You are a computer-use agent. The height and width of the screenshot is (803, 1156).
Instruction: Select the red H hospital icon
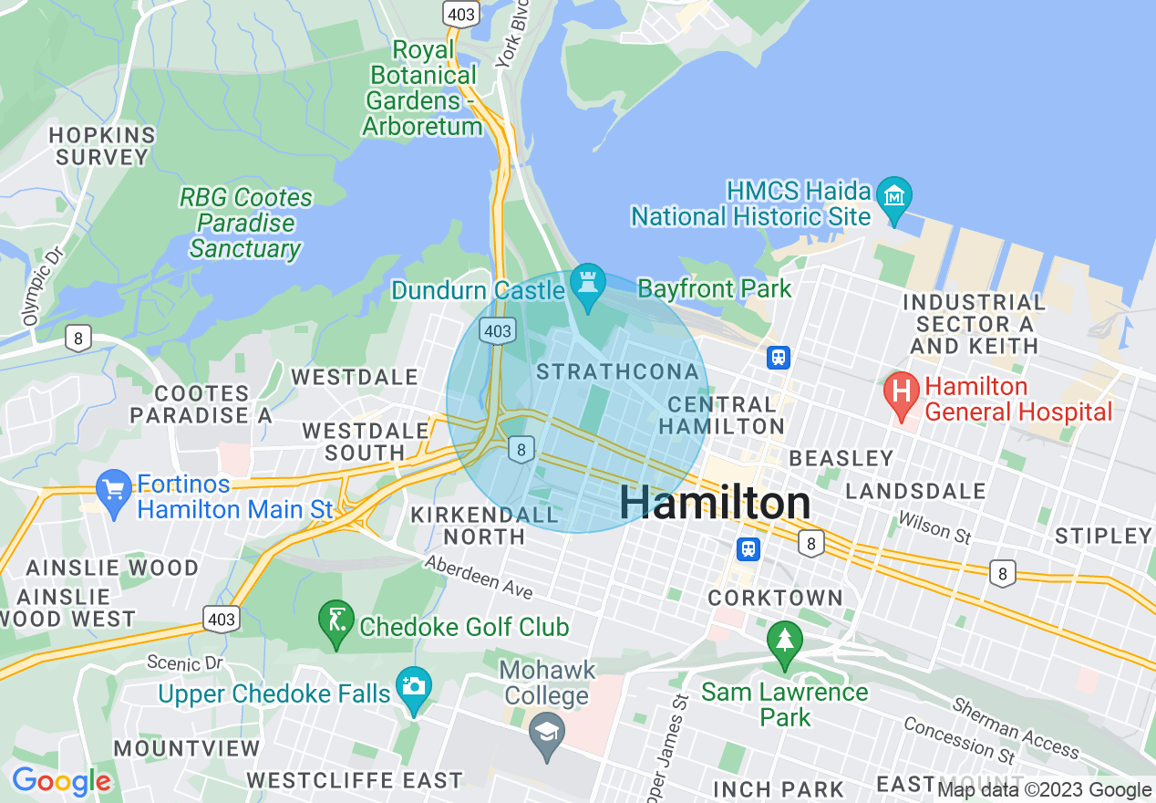click(x=901, y=393)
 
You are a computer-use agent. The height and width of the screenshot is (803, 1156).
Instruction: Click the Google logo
click(x=61, y=781)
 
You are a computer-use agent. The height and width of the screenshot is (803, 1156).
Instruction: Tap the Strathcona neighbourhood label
click(x=618, y=372)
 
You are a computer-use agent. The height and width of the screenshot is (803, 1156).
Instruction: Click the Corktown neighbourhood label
click(x=776, y=599)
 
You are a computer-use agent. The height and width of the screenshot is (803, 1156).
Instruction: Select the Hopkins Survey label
click(x=102, y=146)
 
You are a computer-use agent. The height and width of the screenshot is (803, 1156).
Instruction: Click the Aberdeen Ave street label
click(x=479, y=578)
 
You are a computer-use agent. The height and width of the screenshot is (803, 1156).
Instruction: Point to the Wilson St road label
click(x=934, y=527)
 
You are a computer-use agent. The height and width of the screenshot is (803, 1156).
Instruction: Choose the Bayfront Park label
click(x=715, y=289)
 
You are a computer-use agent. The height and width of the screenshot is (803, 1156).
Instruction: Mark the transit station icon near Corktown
click(x=748, y=548)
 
